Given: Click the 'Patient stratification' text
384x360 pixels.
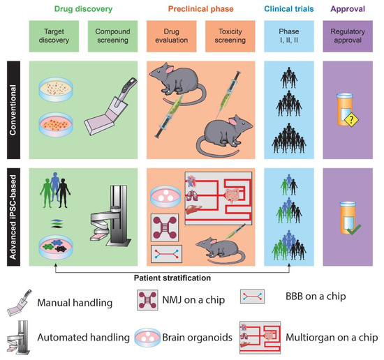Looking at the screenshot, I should (x=175, y=277).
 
